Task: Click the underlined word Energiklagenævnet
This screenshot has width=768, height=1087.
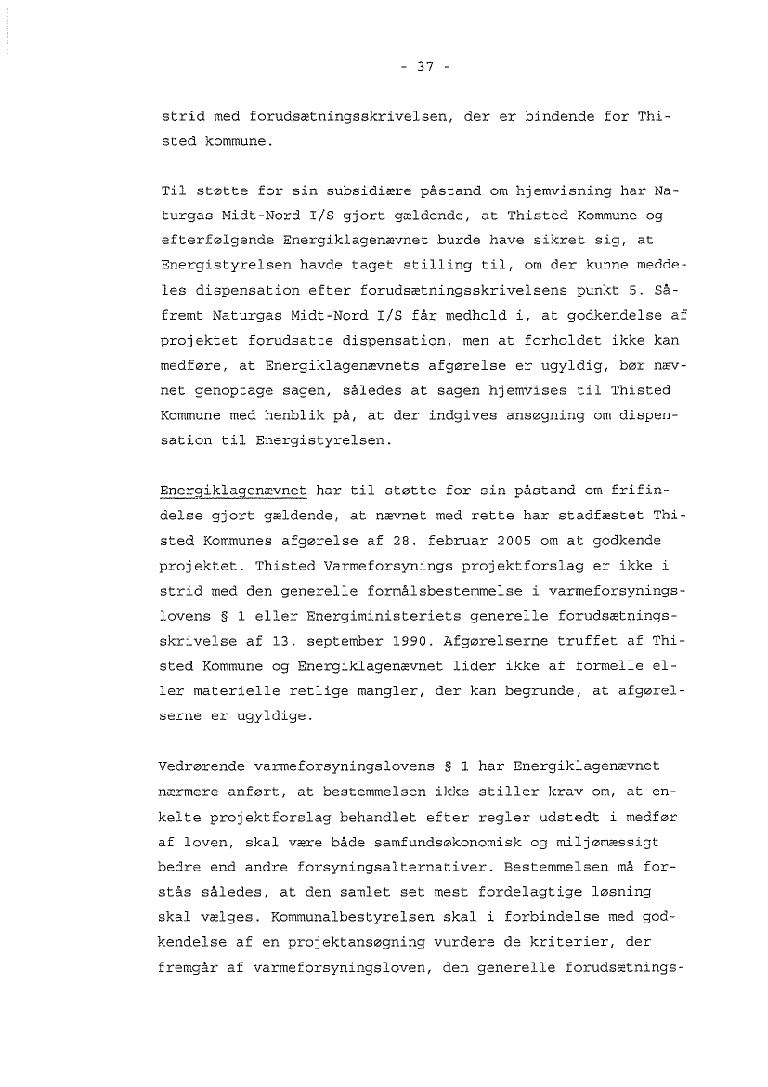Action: pos(233,490)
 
